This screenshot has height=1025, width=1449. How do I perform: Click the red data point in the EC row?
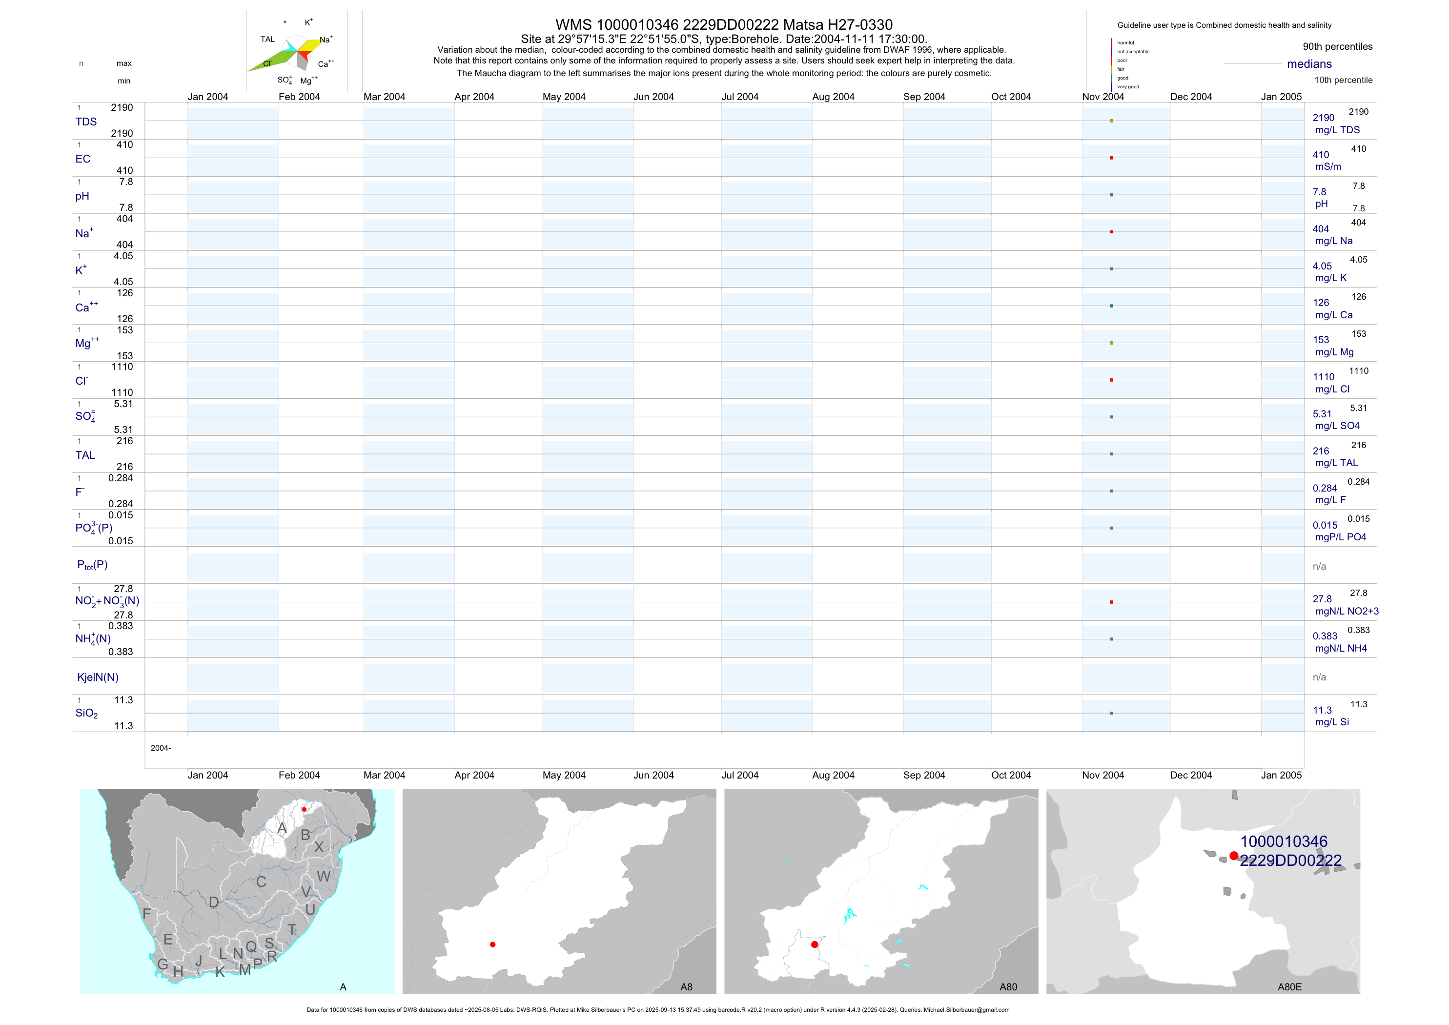1111,158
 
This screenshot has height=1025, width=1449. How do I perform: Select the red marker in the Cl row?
1111,380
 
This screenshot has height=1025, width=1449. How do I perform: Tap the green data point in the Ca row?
1111,306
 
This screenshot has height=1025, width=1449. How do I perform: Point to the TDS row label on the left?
86,122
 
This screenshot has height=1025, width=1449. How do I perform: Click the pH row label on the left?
82,196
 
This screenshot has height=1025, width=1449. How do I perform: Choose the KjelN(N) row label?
98,677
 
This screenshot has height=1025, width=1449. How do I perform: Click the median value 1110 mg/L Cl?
1324,377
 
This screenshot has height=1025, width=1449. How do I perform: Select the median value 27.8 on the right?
1322,599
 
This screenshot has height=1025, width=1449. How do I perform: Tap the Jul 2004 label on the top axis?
740,97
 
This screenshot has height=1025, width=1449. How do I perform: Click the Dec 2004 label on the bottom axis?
1191,775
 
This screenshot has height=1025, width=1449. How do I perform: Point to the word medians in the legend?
1309,64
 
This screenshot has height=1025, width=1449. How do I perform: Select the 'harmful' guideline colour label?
1125,43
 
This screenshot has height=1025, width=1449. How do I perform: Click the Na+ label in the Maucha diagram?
326,40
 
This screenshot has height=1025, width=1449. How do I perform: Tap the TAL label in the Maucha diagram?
267,39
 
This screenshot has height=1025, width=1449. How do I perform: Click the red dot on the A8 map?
492,944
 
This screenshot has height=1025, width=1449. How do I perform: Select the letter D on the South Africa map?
214,902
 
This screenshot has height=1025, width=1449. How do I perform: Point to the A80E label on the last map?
1289,987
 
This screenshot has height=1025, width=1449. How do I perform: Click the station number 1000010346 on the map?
1284,841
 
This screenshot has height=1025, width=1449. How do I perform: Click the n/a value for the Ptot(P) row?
1319,566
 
